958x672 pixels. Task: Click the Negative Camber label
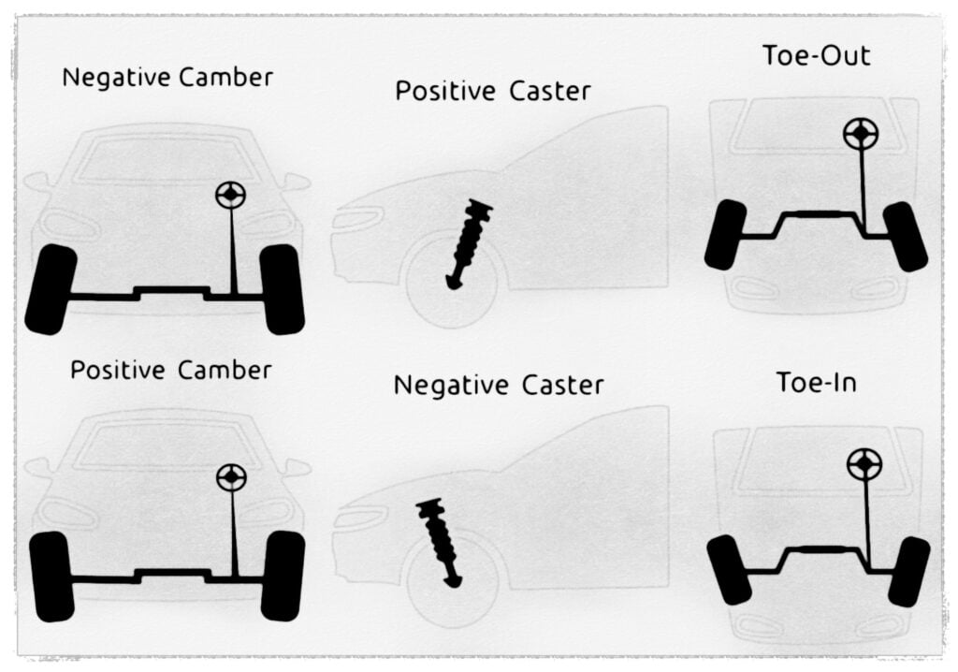click(x=167, y=77)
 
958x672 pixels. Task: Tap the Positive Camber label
click(x=171, y=370)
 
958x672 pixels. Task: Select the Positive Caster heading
click(x=493, y=92)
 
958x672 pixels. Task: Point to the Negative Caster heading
click(x=499, y=385)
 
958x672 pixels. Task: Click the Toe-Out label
click(x=816, y=55)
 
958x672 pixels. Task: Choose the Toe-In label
click(x=818, y=382)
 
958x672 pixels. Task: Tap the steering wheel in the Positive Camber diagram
click(x=231, y=477)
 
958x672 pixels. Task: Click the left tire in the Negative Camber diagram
click(x=51, y=289)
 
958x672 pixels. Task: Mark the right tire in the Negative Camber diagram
click(x=282, y=289)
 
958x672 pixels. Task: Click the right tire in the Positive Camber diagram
click(x=283, y=576)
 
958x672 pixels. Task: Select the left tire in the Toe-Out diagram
click(x=725, y=235)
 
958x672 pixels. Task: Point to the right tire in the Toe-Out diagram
click(x=905, y=237)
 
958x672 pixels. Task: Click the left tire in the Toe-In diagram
click(x=729, y=569)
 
